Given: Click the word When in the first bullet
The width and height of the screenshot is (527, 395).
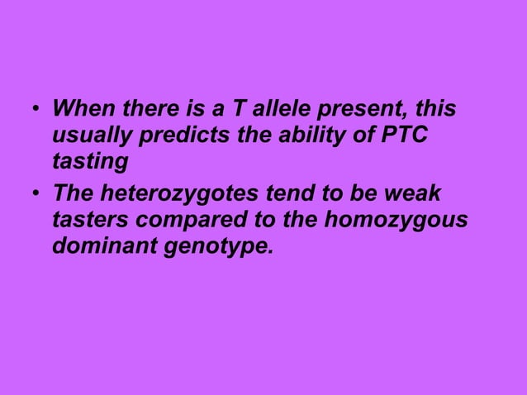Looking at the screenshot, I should [x=78, y=110].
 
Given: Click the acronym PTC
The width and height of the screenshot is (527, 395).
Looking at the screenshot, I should [x=404, y=134].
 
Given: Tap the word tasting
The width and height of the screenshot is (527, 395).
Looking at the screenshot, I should [x=85, y=159].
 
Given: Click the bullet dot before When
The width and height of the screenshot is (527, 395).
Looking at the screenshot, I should [x=35, y=111].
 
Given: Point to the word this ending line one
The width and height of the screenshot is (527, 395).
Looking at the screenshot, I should [x=437, y=110].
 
